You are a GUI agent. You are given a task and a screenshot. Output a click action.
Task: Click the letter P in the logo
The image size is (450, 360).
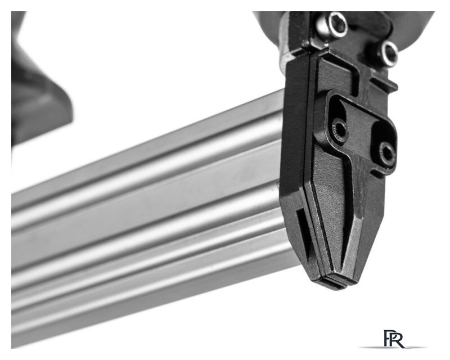[388, 338]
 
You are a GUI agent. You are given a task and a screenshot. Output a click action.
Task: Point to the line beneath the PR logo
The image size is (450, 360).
[393, 348]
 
